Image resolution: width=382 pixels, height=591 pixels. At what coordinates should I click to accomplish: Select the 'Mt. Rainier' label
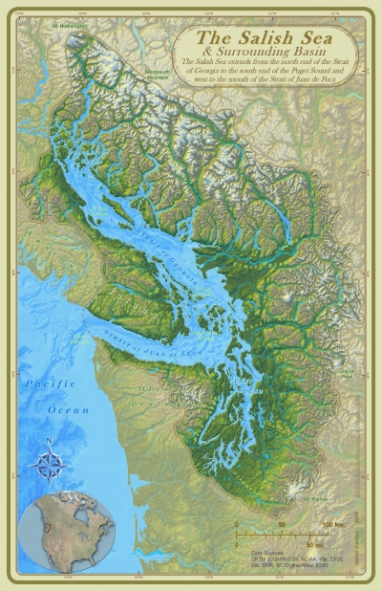click(314, 497)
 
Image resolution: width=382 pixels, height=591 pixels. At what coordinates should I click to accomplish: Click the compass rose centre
click(49, 465)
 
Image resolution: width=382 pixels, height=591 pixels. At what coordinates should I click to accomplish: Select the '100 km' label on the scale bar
click(332, 525)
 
